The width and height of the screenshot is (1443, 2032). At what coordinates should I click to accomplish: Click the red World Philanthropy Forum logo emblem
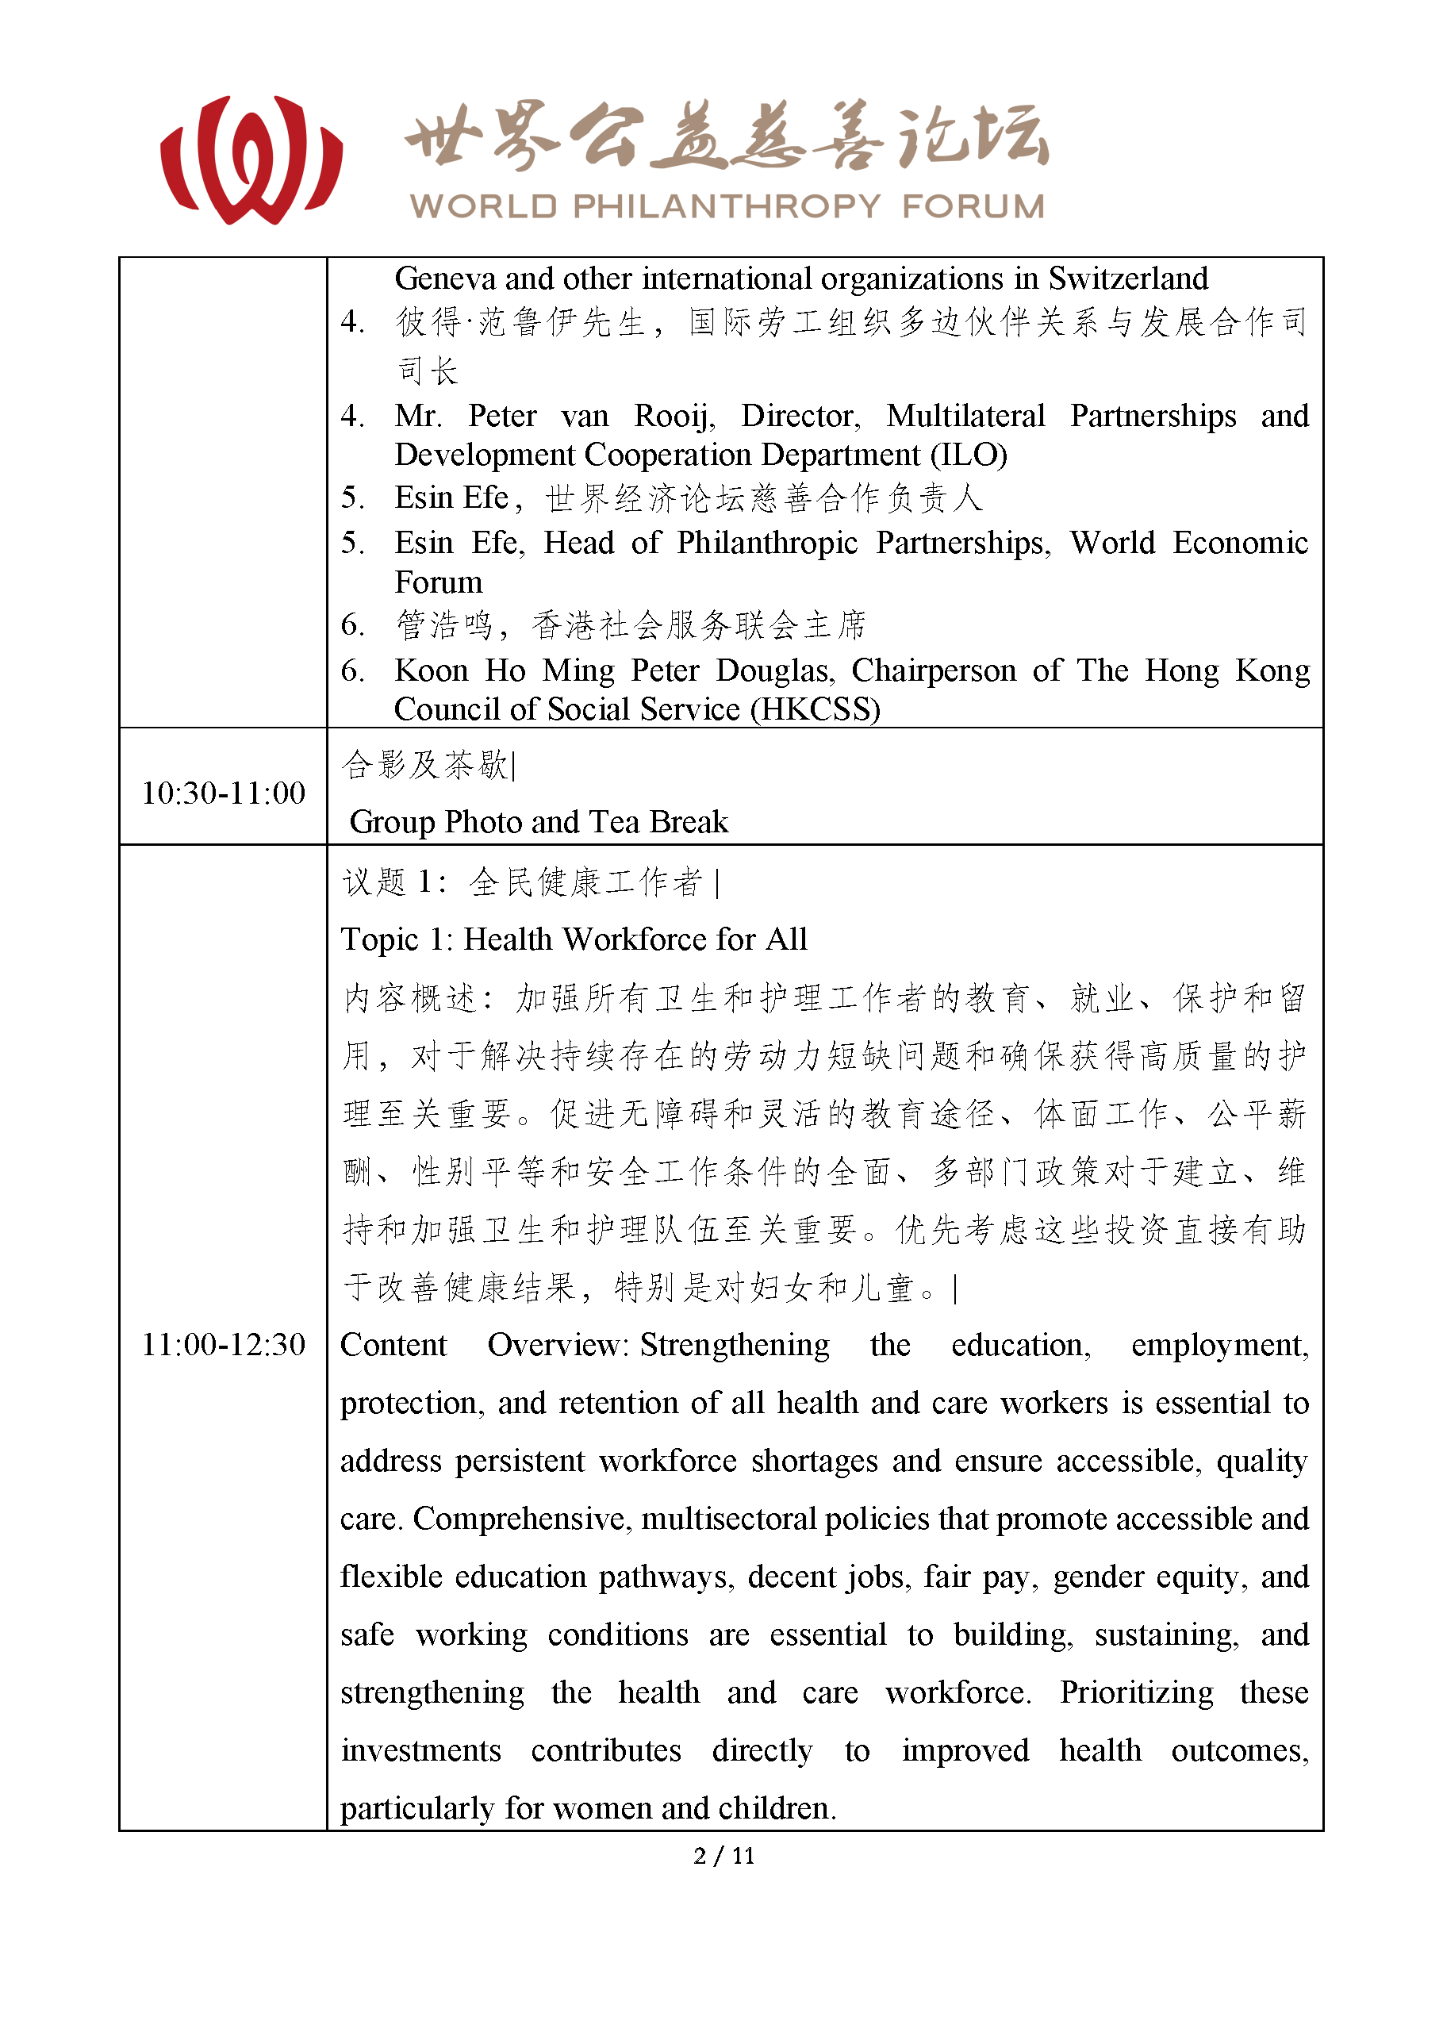pyautogui.click(x=251, y=160)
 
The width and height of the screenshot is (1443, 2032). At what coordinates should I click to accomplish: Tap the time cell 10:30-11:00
pyautogui.click(x=223, y=793)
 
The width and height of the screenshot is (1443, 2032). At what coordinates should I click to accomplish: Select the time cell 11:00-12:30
pyautogui.click(x=223, y=1344)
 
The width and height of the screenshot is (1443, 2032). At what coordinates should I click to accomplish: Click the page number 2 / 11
pyautogui.click(x=723, y=1855)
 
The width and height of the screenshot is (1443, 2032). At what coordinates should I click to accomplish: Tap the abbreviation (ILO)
pyautogui.click(x=969, y=455)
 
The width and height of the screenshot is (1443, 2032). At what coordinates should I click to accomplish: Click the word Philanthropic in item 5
pyautogui.click(x=767, y=543)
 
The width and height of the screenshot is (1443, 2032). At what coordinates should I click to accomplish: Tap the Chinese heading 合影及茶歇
pyautogui.click(x=424, y=765)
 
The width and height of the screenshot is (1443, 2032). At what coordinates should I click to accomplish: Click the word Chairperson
pyautogui.click(x=933, y=670)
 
